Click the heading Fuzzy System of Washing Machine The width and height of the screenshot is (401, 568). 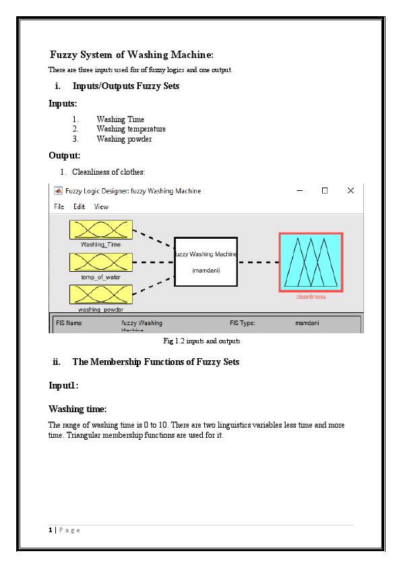tap(132, 55)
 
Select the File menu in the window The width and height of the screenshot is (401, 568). tap(59, 206)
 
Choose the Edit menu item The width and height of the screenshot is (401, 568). tap(80, 206)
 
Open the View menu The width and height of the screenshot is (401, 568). tap(101, 206)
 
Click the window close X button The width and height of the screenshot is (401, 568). tap(350, 191)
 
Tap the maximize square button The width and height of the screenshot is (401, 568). tap(324, 191)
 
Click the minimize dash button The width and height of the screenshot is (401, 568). tap(299, 191)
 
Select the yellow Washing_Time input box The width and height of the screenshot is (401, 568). tap(101, 229)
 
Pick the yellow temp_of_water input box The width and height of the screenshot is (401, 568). tap(101, 262)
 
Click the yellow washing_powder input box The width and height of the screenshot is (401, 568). tap(101, 294)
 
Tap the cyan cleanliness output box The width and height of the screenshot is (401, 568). tap(311, 262)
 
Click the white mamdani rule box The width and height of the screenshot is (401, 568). tap(206, 262)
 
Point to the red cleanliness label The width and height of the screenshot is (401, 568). tap(311, 297)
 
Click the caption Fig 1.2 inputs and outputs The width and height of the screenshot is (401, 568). tap(202, 341)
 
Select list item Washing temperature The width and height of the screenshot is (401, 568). tap(131, 129)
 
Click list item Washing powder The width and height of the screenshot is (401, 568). tap(124, 139)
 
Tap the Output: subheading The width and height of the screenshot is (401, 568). tap(65, 156)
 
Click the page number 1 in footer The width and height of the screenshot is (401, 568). tap(51, 530)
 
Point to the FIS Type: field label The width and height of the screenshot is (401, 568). tap(242, 323)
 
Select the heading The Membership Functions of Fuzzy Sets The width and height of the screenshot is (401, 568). tap(155, 362)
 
